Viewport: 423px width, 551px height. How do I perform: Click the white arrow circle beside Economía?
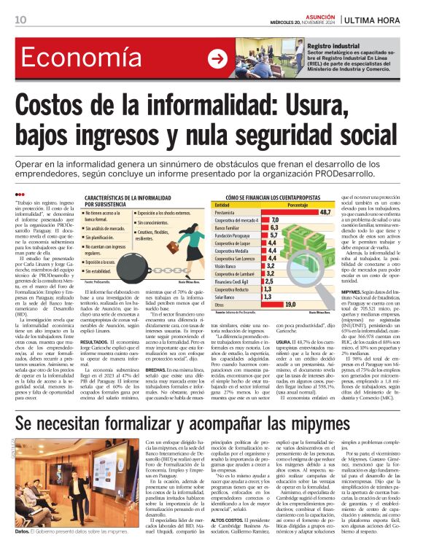[217, 59]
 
